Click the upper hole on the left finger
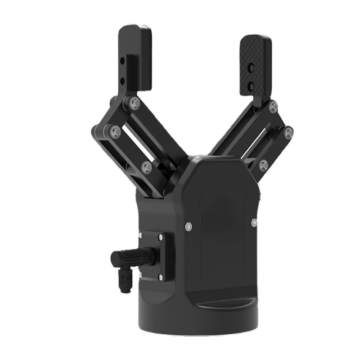[x=122, y=60]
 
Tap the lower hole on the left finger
[x=122, y=81]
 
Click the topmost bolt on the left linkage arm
[x=134, y=103]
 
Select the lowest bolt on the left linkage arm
[x=146, y=168]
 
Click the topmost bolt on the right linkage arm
[x=273, y=107]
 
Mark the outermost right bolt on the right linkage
[x=288, y=132]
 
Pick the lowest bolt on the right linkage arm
[x=263, y=165]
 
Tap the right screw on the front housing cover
[x=254, y=222]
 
